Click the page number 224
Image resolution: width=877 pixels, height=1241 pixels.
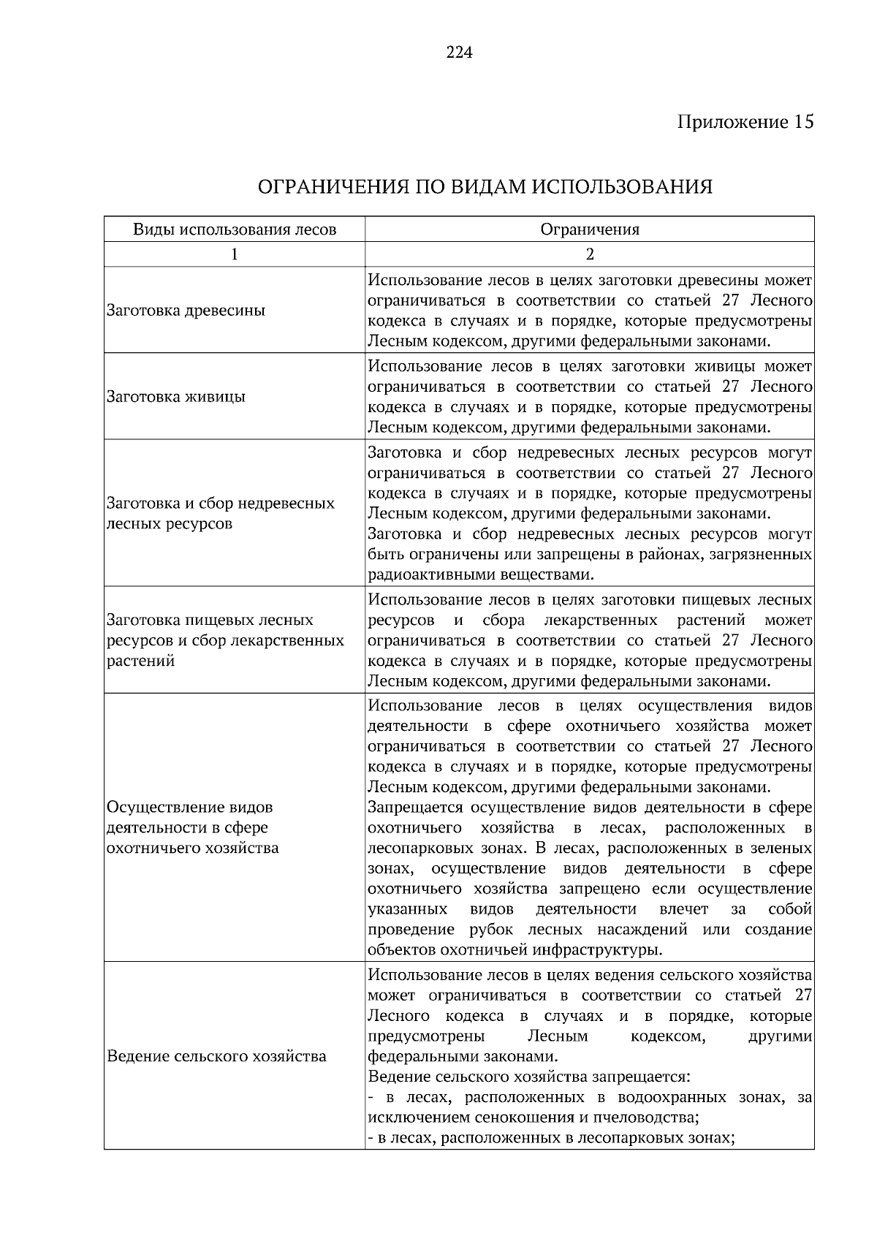[460, 53]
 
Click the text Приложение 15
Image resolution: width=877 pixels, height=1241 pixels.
[745, 121]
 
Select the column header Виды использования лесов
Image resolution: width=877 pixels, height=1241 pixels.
[235, 229]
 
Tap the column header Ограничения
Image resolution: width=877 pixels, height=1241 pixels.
[590, 229]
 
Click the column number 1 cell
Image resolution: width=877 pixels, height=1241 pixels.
[235, 254]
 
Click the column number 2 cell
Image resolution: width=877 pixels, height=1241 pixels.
[590, 254]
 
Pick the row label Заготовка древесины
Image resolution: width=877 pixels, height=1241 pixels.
[186, 310]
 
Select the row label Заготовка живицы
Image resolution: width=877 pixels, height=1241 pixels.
[176, 397]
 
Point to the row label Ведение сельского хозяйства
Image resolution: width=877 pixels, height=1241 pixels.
[216, 1056]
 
